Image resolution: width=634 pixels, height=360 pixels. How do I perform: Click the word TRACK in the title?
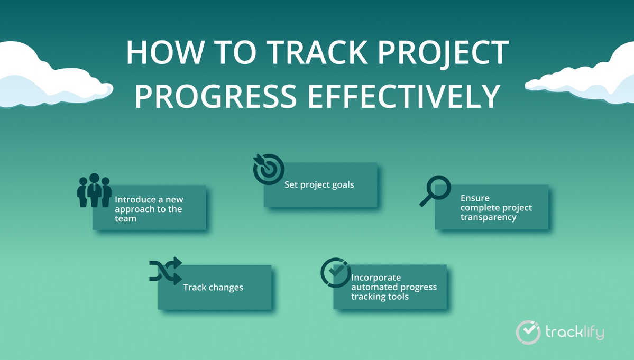pyautogui.click(x=317, y=52)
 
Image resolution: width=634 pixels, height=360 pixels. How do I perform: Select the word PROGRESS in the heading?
pyautogui.click(x=216, y=96)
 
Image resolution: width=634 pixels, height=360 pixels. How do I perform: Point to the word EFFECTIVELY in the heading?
pyautogui.click(x=404, y=96)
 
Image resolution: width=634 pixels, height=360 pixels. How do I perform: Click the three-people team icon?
pyautogui.click(x=94, y=190)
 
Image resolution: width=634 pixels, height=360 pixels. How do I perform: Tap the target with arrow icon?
pyautogui.click(x=269, y=169)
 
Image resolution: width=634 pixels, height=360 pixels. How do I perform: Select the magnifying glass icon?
pyautogui.click(x=435, y=191)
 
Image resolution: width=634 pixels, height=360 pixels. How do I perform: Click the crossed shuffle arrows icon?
pyautogui.click(x=166, y=271)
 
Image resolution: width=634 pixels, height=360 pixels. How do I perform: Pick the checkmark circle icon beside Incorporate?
pyautogui.click(x=336, y=273)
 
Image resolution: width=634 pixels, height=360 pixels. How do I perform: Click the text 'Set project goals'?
pyautogui.click(x=319, y=184)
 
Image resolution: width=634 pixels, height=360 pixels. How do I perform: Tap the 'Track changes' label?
pyautogui.click(x=213, y=287)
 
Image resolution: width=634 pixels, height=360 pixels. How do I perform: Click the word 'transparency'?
pyautogui.click(x=489, y=217)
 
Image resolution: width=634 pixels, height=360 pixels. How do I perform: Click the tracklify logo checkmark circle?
pyautogui.click(x=528, y=333)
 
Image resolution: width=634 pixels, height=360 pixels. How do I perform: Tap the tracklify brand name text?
pyautogui.click(x=575, y=333)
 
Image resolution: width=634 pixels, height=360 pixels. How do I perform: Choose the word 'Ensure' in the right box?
pyautogui.click(x=475, y=198)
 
